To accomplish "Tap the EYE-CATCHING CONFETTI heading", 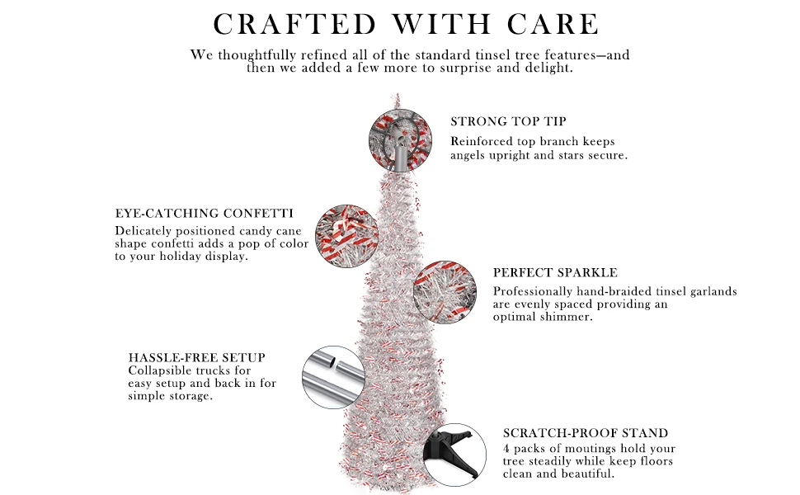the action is pos(204,213).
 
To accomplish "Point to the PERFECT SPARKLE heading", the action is pos(555,272).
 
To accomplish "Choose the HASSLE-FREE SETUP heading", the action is pos(197,358).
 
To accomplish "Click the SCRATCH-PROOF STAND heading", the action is pos(586,433).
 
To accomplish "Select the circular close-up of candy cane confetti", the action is pos(346,234).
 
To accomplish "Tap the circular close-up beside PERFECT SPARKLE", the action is pos(445,293).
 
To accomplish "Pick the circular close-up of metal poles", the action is pos(333,377).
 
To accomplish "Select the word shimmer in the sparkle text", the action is pos(565,318).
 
